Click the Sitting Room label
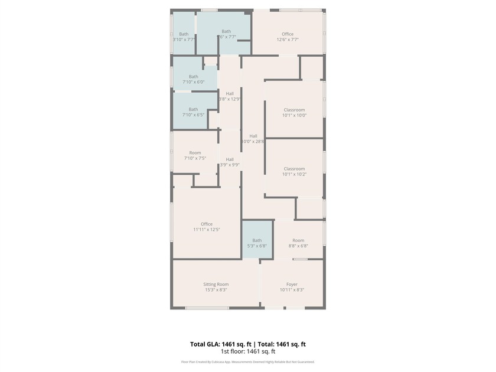pyautogui.click(x=216, y=284)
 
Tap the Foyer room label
pyautogui.click(x=292, y=284)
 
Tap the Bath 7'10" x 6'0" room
pyautogui.click(x=194, y=79)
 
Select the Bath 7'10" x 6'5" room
pyautogui.click(x=194, y=112)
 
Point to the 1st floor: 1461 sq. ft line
pyautogui.click(x=248, y=351)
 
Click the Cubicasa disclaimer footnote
pyautogui.click(x=248, y=362)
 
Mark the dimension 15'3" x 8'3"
pyautogui.click(x=216, y=290)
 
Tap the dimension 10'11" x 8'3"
pyautogui.click(x=292, y=290)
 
